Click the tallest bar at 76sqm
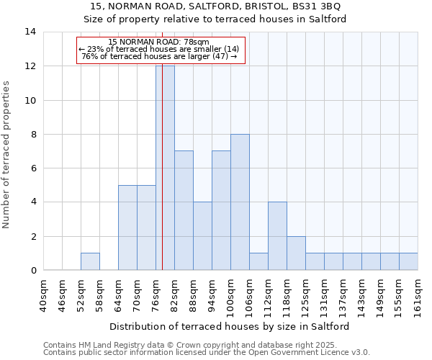tap(165, 168)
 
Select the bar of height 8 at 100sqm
tap(240, 202)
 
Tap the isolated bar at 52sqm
tap(90, 261)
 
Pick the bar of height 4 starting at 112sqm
tap(277, 236)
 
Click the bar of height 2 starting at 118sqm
tap(296, 253)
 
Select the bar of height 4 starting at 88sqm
tap(202, 236)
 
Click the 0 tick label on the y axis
tap(33, 271)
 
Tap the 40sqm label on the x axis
tap(44, 295)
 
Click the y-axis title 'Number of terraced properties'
tap(7, 155)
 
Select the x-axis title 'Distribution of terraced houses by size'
tap(230, 326)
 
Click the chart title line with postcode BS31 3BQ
tap(215, 6)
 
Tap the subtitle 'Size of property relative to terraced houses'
tap(215, 19)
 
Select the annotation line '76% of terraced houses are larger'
tap(159, 56)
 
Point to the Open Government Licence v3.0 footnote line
tap(207, 353)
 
